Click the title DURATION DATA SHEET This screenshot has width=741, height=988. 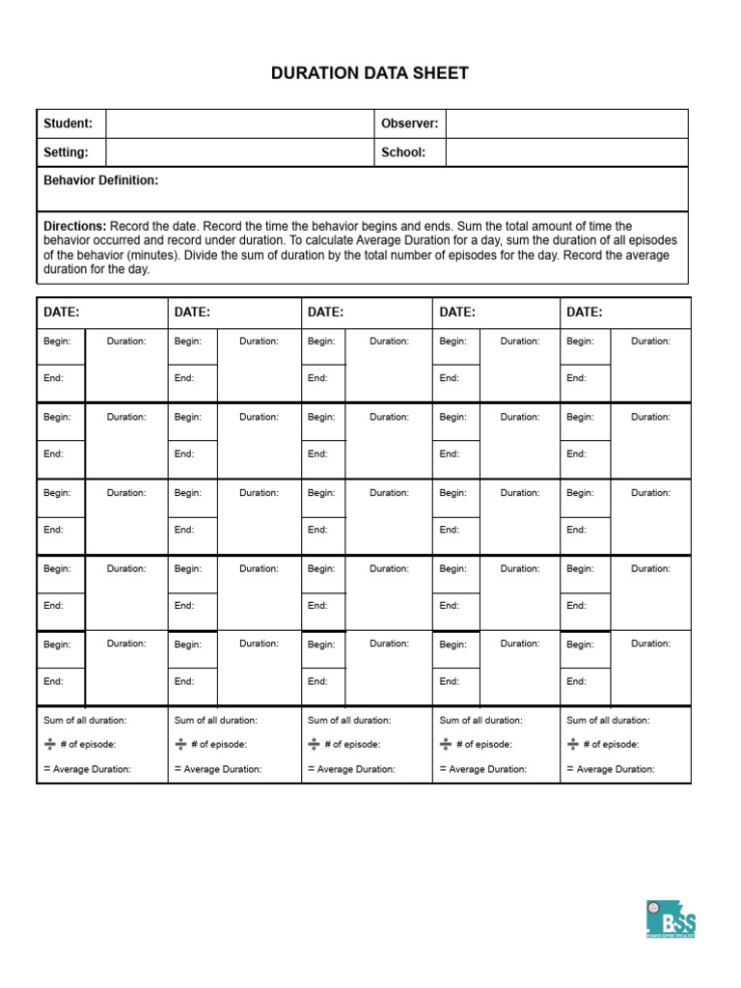click(370, 73)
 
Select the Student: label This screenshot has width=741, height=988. click(68, 123)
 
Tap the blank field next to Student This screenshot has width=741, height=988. click(239, 123)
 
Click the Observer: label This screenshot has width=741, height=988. click(409, 123)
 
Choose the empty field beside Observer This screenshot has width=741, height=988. click(566, 123)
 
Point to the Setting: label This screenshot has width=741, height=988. click(66, 152)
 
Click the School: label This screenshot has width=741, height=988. click(403, 152)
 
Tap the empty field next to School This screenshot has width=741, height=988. click(566, 152)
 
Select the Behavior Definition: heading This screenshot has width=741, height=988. click(101, 180)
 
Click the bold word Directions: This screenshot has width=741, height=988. click(75, 226)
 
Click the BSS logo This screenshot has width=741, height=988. click(671, 919)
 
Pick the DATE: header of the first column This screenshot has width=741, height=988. click(62, 313)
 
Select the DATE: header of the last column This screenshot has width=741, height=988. click(585, 313)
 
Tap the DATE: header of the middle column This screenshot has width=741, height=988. click(326, 313)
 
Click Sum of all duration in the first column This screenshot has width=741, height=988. click(85, 721)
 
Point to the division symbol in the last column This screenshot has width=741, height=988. click(573, 744)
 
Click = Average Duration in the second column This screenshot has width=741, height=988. click(218, 769)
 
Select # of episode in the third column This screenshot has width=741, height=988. click(352, 745)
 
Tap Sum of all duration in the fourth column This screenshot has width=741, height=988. click(480, 721)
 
